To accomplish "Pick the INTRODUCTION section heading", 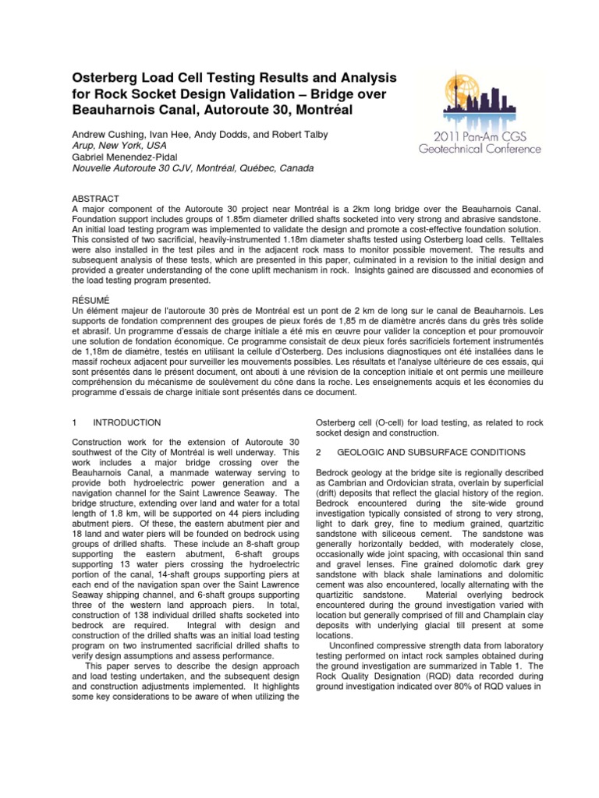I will (x=126, y=422).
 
